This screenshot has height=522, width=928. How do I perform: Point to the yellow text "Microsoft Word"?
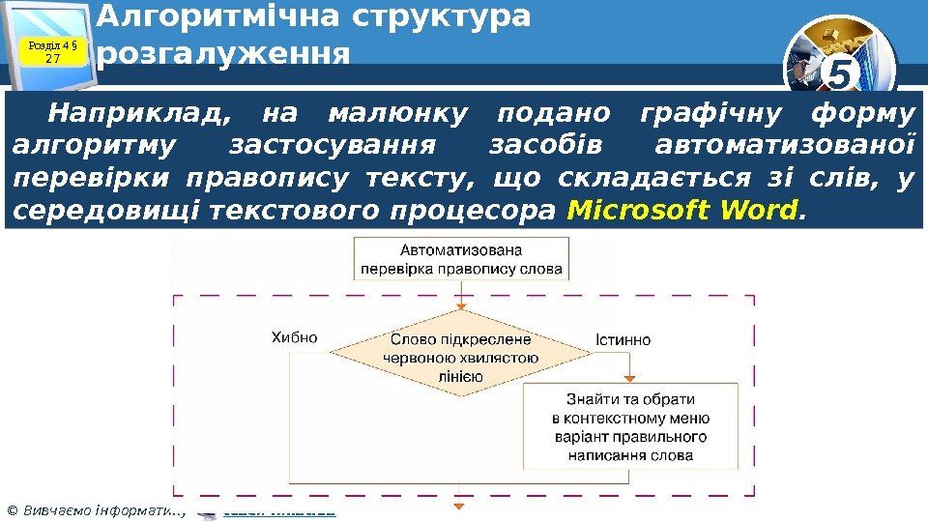click(x=685, y=209)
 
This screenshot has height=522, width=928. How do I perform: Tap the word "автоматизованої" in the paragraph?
click(x=784, y=146)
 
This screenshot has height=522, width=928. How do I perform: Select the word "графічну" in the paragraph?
click(x=711, y=114)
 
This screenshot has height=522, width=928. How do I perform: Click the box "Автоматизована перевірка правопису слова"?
click(x=461, y=260)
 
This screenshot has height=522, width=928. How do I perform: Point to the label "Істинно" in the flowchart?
click(x=623, y=340)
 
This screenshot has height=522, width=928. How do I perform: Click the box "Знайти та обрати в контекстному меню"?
click(x=630, y=425)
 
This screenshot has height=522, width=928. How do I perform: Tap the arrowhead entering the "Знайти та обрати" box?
click(x=630, y=379)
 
